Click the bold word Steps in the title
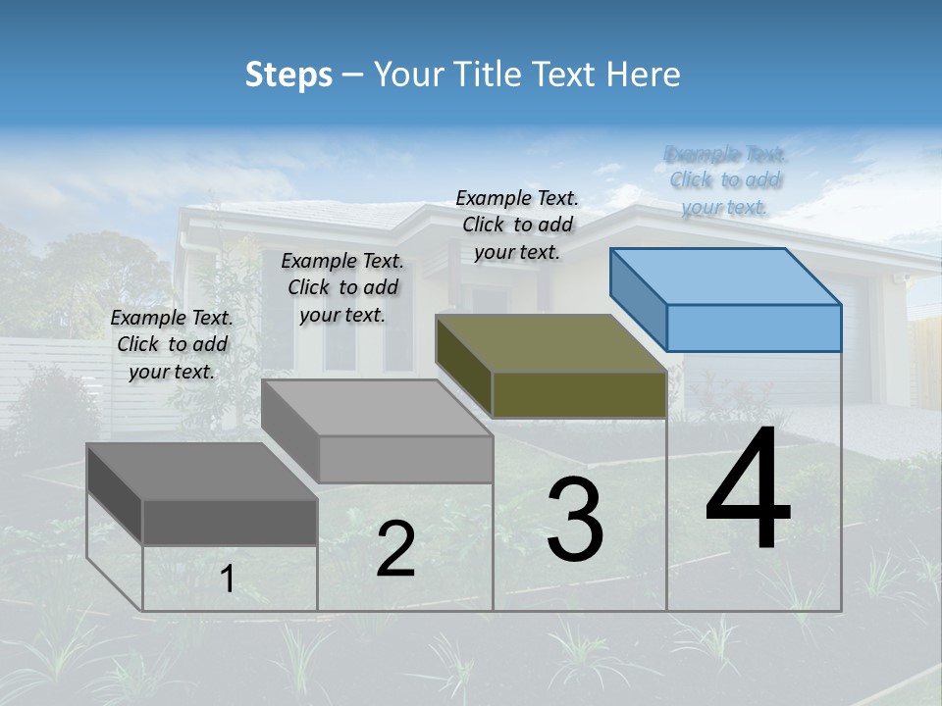(288, 75)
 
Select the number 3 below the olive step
(575, 520)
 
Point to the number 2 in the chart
(395, 549)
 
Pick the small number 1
(227, 580)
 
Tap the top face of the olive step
(551, 343)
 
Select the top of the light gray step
(377, 408)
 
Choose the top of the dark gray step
(202, 472)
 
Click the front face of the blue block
(754, 328)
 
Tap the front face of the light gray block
(405, 459)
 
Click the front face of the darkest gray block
(230, 522)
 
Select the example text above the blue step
(725, 180)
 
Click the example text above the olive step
(517, 225)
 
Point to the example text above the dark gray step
(172, 344)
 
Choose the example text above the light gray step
(342, 287)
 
